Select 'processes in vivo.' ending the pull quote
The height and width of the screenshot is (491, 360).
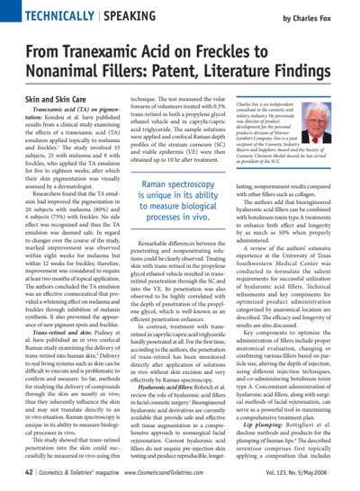179,243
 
